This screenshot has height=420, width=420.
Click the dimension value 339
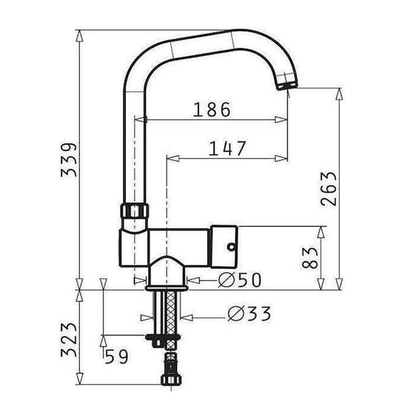[69, 160]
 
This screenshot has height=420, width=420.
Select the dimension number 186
[212, 109]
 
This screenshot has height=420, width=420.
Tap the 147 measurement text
[227, 148]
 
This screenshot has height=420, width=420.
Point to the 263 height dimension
[328, 189]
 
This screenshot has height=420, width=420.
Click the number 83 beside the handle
[310, 258]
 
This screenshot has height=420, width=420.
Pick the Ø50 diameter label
[240, 280]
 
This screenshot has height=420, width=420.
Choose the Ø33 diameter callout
[249, 314]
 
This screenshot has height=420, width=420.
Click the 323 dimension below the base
[69, 340]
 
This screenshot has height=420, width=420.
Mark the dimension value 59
[116, 357]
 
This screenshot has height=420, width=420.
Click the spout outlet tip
[287, 86]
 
